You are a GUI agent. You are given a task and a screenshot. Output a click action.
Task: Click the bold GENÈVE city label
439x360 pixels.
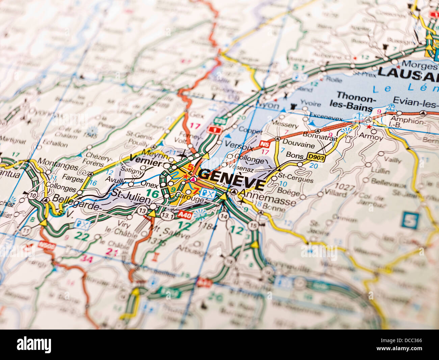coord(232,179)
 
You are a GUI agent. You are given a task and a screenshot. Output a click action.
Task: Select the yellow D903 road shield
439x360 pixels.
coord(316,157)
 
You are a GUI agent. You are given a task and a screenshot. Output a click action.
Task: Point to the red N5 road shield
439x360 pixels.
coord(265,144)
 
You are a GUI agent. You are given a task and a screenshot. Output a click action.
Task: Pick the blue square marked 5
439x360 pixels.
coord(410,220)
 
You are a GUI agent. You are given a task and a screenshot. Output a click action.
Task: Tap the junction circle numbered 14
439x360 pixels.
coord(223,216)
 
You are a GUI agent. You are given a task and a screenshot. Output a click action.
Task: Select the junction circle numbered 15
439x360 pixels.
coord(253,225)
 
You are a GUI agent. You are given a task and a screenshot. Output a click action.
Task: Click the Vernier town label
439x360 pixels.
coord(146,162)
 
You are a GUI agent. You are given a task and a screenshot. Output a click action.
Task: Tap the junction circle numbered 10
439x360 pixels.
coord(33,195)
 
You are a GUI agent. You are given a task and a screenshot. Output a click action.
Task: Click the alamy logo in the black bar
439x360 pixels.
coord(34,345)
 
